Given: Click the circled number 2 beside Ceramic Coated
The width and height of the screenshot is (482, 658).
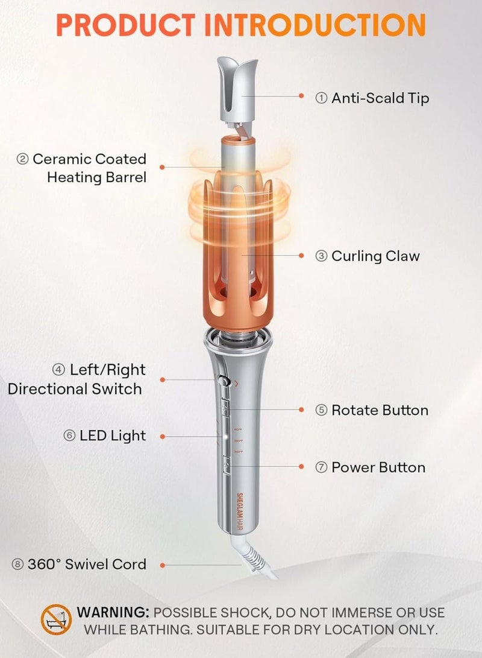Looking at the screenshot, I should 23,159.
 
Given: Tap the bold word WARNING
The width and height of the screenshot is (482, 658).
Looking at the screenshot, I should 113,613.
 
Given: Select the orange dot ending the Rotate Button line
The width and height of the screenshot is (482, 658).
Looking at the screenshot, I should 301,410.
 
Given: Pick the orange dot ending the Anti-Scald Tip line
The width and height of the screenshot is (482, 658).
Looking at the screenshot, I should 301,95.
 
